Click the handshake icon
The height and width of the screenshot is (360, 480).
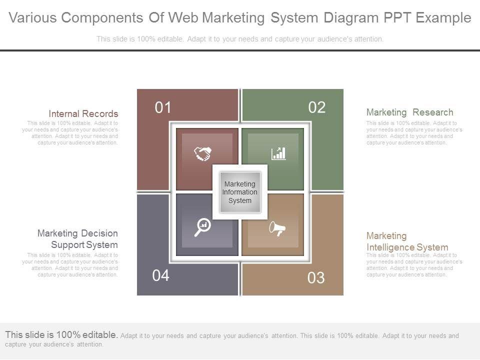point(203,153)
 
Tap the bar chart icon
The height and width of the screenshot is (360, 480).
point(278,153)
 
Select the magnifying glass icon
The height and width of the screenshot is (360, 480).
point(202,227)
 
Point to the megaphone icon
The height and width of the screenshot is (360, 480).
point(277,229)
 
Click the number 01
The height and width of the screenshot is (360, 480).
point(163,107)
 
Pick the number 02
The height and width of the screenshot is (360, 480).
point(317,107)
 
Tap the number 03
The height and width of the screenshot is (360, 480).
point(316,278)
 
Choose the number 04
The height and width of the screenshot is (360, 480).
point(161,275)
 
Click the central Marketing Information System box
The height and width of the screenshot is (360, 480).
point(240,192)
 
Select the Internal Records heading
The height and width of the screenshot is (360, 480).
point(83,114)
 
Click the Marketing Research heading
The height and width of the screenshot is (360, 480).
point(409,112)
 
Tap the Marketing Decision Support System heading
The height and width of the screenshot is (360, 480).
point(78,239)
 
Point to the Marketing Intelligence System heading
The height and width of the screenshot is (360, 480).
point(407,241)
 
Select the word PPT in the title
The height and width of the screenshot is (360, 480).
point(399,18)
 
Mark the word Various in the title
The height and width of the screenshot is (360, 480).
point(33,18)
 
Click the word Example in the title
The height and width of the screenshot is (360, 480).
point(444,18)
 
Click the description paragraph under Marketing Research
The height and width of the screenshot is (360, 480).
point(414,132)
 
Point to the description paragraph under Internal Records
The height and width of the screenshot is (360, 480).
point(70,132)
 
